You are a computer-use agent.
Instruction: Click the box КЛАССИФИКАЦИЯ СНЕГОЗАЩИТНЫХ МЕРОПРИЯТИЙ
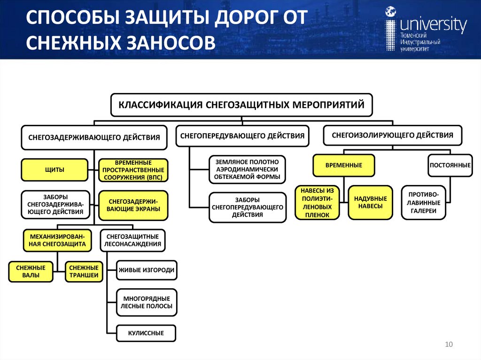(241, 105)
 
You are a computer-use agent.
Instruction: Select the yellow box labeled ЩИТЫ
(54, 170)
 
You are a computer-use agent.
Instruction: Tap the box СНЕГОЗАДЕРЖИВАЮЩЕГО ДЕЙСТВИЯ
(94, 138)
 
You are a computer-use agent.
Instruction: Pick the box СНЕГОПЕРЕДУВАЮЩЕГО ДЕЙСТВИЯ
(242, 136)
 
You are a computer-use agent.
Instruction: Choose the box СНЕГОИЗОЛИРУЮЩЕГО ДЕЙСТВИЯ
(393, 135)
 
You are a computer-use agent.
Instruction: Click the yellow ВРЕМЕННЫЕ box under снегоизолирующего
(344, 165)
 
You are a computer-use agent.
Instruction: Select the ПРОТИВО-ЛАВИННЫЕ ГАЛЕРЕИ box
(424, 203)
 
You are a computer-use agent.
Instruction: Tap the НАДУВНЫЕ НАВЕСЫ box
(370, 202)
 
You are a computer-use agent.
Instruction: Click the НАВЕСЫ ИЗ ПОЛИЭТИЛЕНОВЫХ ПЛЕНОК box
(317, 203)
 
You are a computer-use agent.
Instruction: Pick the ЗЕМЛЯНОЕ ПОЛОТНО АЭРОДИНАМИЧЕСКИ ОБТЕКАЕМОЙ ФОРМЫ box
(247, 169)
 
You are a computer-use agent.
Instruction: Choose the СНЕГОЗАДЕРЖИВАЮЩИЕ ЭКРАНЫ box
(134, 205)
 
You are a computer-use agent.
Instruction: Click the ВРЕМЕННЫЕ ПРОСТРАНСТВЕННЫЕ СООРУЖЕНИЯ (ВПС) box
(134, 170)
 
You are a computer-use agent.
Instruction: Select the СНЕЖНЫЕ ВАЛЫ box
(31, 272)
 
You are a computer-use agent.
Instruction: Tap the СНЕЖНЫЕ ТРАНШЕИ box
(84, 272)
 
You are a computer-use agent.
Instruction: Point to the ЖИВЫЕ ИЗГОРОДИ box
(147, 270)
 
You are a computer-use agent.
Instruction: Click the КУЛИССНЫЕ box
(146, 333)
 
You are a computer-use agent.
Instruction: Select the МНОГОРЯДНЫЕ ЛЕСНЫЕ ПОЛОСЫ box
(147, 302)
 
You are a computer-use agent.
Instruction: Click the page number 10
(448, 345)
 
